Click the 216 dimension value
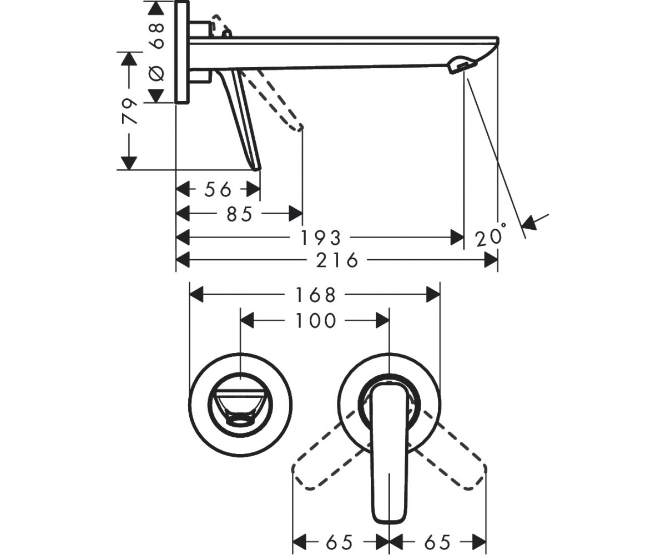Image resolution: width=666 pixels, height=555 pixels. (x=337, y=260)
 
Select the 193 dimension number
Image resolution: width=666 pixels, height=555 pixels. (x=321, y=238)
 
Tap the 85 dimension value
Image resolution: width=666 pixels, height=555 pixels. (x=239, y=214)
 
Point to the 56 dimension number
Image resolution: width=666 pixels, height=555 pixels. (x=218, y=190)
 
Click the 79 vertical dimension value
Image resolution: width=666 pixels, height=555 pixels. (x=130, y=111)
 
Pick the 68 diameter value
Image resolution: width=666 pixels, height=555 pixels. (x=157, y=36)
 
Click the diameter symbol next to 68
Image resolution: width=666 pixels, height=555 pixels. (x=157, y=73)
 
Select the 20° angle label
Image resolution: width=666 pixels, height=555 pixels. (x=490, y=236)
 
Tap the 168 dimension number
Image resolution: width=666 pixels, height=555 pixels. (x=315, y=295)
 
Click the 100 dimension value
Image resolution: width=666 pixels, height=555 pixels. (x=315, y=321)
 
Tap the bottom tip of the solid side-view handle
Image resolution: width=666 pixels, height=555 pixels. (x=258, y=170)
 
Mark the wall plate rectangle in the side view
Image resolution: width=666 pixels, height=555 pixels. (x=182, y=52)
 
